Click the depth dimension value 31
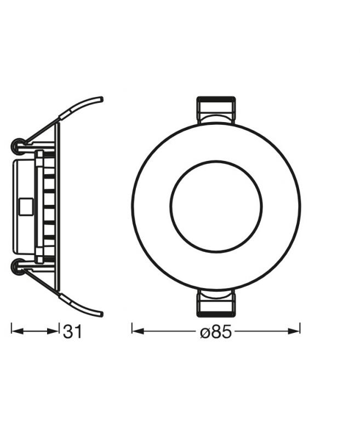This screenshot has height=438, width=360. [x=72, y=331]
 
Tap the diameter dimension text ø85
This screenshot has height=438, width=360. [x=216, y=332]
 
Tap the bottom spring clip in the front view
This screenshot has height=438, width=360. [x=216, y=304]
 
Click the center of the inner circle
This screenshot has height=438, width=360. [x=216, y=206]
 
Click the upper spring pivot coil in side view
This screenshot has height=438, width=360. [x=18, y=146]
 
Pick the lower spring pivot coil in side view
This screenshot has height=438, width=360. [x=18, y=267]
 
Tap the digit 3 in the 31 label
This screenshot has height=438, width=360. [x=68, y=331]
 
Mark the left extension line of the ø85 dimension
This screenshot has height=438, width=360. [x=132, y=328]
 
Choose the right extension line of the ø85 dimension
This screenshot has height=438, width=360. [x=300, y=328]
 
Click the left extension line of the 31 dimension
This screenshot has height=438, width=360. [x=12, y=328]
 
